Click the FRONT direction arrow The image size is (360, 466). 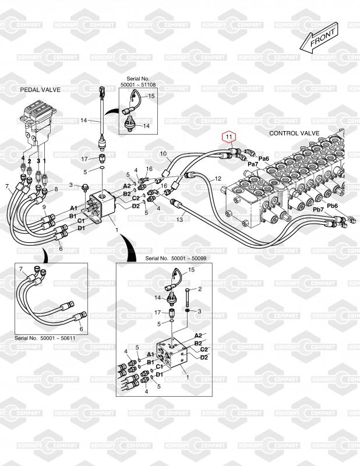pyautogui.click(x=319, y=38)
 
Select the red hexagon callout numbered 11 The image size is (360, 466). pyautogui.click(x=228, y=137)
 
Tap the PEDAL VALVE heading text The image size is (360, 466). pyautogui.click(x=40, y=90)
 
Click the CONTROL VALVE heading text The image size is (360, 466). pyautogui.click(x=294, y=133)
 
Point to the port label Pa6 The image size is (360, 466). pyautogui.click(x=263, y=158)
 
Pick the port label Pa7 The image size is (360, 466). pyautogui.click(x=253, y=164)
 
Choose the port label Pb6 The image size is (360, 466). pyautogui.click(x=332, y=206)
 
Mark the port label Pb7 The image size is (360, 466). pyautogui.click(x=318, y=210)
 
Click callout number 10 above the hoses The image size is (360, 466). pyautogui.click(x=164, y=154)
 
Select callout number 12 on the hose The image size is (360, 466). pyautogui.click(x=218, y=179)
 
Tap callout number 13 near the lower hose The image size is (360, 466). pyautogui.click(x=179, y=220)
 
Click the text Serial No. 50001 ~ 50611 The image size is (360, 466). pyautogui.click(x=45, y=338)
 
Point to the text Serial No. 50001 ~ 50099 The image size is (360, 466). pyautogui.click(x=176, y=259)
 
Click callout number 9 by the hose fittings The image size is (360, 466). pyautogui.click(x=44, y=207)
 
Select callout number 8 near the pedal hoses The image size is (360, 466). pyautogui.click(x=56, y=189)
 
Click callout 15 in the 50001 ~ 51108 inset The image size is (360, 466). pyautogui.click(x=151, y=96)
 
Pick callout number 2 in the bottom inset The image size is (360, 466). pyautogui.click(x=200, y=289)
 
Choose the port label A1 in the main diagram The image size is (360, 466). pyautogui.click(x=74, y=208)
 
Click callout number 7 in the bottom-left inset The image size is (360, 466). pyautogui.click(x=21, y=269)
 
